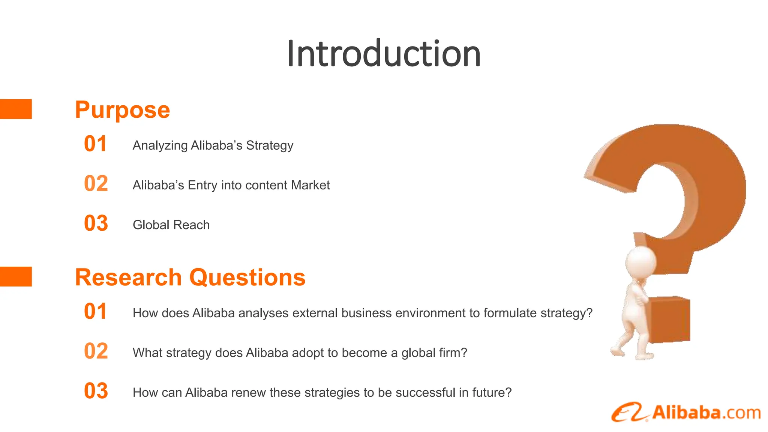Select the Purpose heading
[x=122, y=110]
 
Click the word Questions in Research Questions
[x=247, y=277]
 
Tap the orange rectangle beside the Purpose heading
[x=16, y=109]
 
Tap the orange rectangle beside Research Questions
[x=16, y=277]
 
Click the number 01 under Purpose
[x=96, y=144]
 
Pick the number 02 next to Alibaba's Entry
[x=96, y=184]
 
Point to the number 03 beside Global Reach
[x=96, y=223]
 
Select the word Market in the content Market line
[x=310, y=185]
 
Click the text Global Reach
[x=171, y=225]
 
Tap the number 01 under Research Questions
[x=96, y=312]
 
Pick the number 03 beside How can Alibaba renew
[x=96, y=391]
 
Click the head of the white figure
[x=640, y=262]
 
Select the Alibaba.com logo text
[x=706, y=413]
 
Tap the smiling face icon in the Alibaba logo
[x=629, y=412]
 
